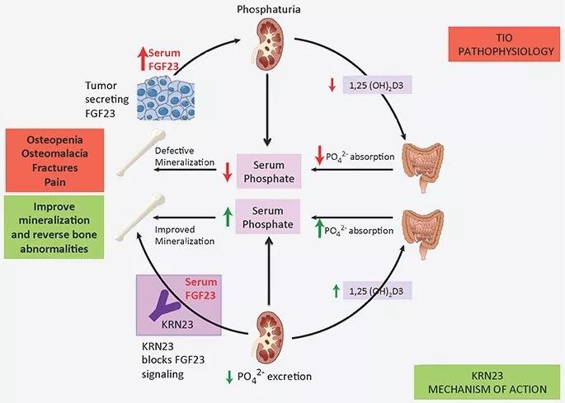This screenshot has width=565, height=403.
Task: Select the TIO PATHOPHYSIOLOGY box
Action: [500, 44]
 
